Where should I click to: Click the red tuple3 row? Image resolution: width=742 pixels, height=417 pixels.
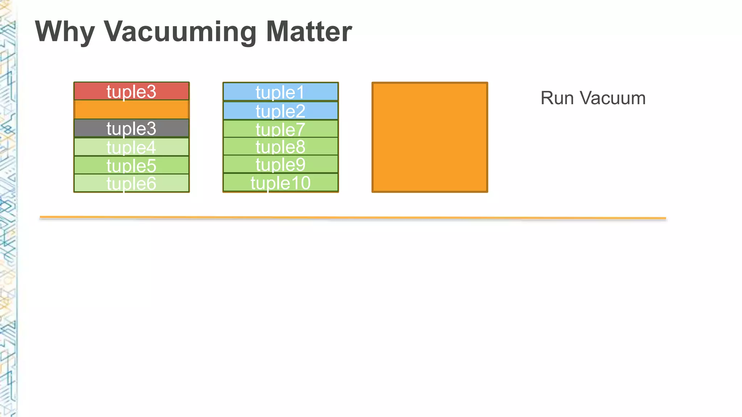132,91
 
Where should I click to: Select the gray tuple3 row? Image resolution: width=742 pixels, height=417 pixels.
132,128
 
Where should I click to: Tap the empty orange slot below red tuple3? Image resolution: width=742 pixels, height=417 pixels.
132,110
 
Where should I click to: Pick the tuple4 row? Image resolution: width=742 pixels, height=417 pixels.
132,147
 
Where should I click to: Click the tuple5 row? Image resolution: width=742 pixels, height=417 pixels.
132,165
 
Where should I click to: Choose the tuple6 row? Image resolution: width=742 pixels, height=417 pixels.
132,183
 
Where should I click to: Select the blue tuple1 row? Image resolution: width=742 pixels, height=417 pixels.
280,92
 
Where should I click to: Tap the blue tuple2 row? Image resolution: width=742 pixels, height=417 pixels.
280,111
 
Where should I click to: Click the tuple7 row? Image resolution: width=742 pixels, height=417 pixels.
280,129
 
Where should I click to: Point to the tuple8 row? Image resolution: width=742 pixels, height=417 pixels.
280,146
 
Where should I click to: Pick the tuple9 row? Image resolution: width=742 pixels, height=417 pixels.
280,164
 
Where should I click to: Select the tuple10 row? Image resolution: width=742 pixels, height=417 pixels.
280,182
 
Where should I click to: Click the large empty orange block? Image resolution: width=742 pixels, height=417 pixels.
430,138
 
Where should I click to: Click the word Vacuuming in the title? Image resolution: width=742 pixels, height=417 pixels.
180,32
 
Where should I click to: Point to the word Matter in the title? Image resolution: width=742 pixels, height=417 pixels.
309,32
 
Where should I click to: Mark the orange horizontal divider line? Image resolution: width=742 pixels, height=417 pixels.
353,218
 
